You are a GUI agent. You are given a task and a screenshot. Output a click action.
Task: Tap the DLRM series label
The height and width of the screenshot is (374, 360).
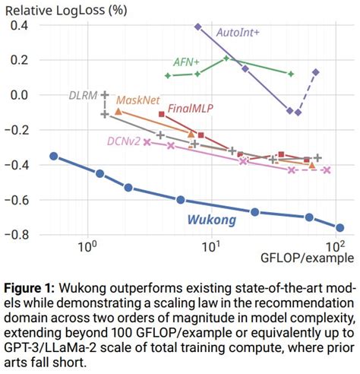80,95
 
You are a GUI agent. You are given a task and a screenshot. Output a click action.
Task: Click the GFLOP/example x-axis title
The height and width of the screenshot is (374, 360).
307,259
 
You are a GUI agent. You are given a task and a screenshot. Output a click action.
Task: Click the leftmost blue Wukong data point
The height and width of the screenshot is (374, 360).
53,156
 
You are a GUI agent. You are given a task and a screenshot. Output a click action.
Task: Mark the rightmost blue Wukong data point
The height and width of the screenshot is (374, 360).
339,227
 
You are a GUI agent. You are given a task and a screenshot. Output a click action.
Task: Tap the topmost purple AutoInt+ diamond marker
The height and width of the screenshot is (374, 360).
197,27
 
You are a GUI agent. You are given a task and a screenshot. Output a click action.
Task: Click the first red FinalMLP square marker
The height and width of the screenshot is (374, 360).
162,114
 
